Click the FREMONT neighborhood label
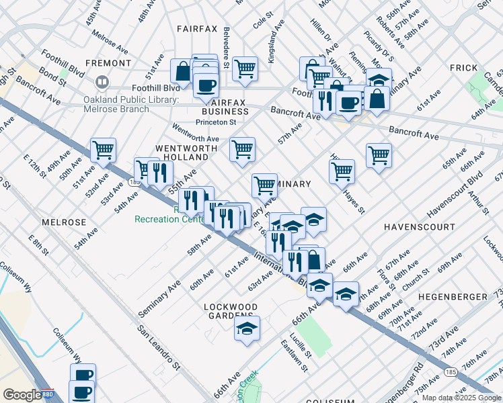tap(108, 63)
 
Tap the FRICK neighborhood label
tap(464, 68)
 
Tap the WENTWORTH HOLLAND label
tap(182, 152)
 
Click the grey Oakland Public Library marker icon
tap(102, 83)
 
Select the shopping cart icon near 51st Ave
tap(103, 150)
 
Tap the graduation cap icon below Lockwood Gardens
tap(247, 328)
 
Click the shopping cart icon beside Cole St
tap(245, 68)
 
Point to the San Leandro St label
tap(160, 348)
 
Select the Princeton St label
tap(216, 122)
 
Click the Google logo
tap(22, 395)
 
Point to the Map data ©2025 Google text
tap(461, 398)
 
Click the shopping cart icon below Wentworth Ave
tap(242, 149)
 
